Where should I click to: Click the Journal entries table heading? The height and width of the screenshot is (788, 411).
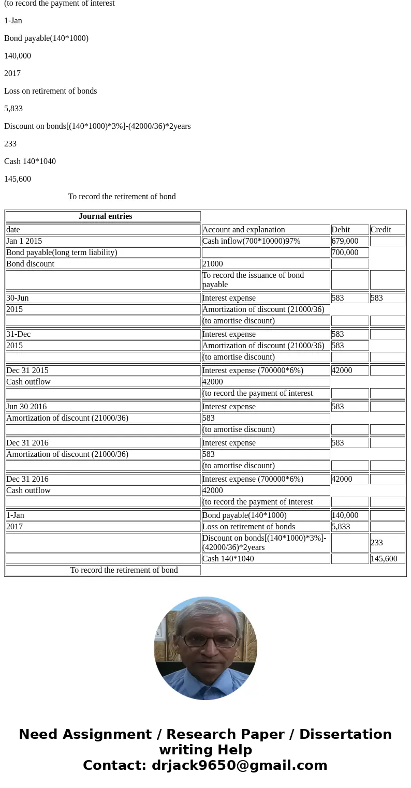click(105, 216)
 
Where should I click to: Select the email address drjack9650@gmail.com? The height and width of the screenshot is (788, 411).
click(239, 765)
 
